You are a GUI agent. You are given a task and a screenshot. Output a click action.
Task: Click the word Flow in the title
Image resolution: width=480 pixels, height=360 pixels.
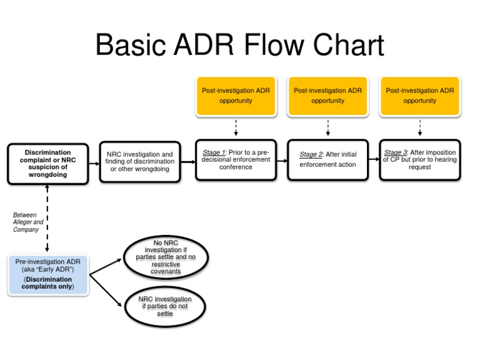(x=261, y=47)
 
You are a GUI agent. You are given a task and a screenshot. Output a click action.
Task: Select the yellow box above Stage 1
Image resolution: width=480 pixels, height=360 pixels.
(x=236, y=96)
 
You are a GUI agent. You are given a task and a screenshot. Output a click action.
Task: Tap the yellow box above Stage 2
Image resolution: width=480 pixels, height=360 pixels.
(x=327, y=96)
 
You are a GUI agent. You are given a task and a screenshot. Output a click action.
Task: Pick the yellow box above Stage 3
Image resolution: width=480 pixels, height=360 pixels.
(x=419, y=96)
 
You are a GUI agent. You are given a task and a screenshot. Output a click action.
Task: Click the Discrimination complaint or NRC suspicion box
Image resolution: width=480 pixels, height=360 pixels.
(x=47, y=164)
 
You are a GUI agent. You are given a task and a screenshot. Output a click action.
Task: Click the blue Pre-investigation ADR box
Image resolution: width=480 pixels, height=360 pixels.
(x=47, y=274)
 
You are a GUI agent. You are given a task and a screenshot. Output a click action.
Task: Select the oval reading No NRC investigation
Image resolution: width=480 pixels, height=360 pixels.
(x=166, y=257)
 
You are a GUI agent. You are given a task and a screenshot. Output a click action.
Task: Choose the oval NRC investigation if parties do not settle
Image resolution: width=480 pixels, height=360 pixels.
(x=165, y=306)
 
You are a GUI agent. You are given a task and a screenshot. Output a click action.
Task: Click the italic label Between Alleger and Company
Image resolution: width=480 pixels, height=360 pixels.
(x=29, y=222)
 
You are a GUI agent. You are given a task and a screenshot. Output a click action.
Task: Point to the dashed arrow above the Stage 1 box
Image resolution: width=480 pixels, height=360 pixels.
(x=236, y=127)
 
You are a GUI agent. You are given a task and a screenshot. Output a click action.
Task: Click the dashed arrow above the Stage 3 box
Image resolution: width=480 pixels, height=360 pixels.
(x=419, y=127)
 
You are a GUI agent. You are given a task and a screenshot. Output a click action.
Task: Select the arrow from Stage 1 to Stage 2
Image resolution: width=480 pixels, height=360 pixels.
(x=281, y=161)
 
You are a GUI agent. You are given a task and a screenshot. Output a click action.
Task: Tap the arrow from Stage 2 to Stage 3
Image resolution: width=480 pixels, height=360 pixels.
(x=373, y=161)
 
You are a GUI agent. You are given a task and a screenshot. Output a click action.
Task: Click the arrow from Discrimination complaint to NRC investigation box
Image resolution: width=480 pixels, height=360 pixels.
(x=94, y=164)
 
